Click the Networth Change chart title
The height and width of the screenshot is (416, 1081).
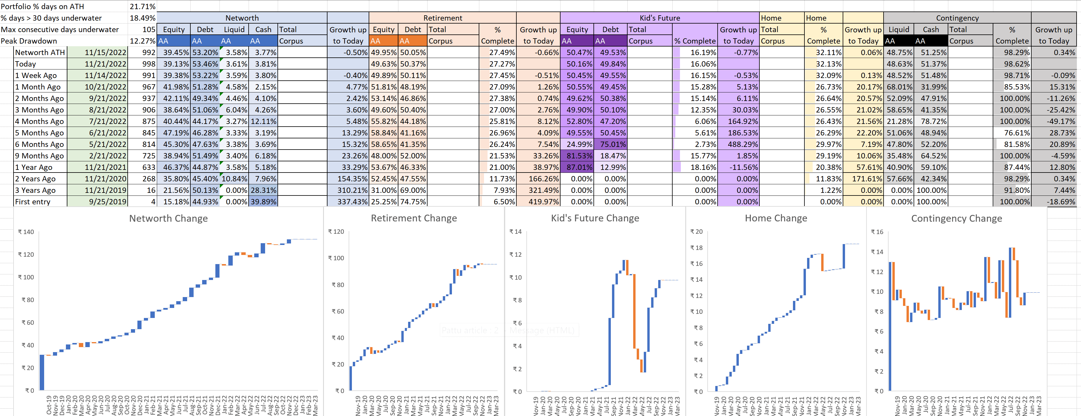(168, 218)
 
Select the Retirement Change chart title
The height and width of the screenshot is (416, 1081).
(414, 218)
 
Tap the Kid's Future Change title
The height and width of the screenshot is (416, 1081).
(595, 218)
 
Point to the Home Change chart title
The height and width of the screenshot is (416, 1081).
(776, 218)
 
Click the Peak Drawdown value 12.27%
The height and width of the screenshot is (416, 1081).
(142, 41)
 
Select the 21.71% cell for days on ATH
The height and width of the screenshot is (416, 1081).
(142, 6)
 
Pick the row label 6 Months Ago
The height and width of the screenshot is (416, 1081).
(39, 144)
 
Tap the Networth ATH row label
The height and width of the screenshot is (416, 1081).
(40, 52)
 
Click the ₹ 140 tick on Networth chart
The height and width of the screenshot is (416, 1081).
(26, 232)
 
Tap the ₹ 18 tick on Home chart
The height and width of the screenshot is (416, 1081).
(697, 248)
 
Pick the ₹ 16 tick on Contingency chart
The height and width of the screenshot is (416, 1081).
(877, 232)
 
